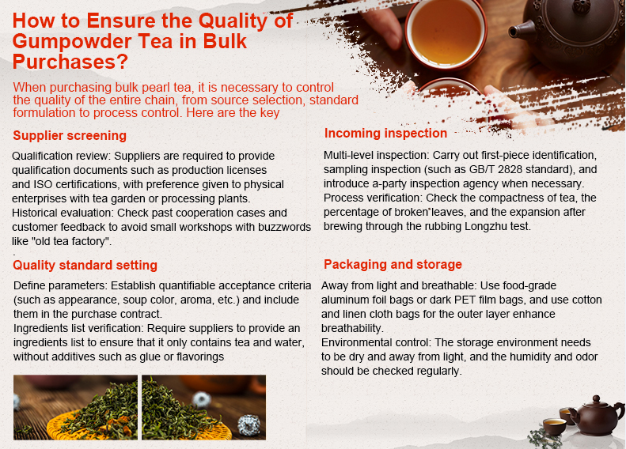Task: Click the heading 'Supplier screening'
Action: [70, 136]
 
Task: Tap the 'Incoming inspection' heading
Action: [385, 134]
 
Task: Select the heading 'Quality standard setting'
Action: [85, 266]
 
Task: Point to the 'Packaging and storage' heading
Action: [393, 265]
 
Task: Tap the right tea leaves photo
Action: [203, 407]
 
